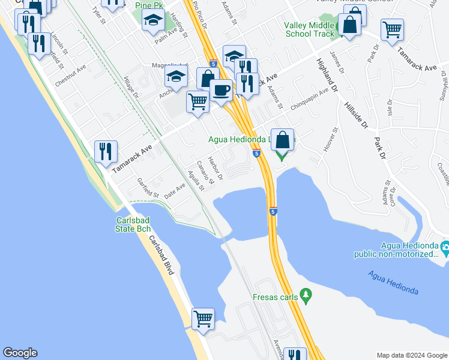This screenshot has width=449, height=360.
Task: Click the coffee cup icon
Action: [221, 91]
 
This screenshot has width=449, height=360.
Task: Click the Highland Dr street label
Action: [329, 71]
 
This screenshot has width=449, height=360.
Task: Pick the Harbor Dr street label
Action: [215, 169]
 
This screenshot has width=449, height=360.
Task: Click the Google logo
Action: [20, 353]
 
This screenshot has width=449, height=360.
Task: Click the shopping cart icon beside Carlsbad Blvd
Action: [203, 319]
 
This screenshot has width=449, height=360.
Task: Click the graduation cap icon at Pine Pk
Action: [153, 22]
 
